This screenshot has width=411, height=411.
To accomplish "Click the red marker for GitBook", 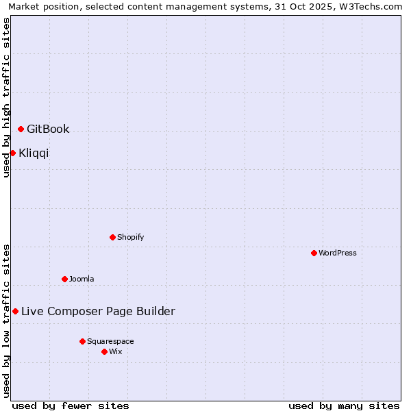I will pyautogui.click(x=21, y=129).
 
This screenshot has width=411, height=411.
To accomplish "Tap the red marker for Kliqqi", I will pyautogui.click(x=13, y=153).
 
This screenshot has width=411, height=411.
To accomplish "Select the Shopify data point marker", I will pyautogui.click(x=113, y=237).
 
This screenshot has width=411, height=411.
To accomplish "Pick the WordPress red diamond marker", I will pyautogui.click(x=314, y=253).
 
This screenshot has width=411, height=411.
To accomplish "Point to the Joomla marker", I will pyautogui.click(x=65, y=279).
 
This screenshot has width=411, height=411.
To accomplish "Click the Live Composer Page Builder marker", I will pyautogui.click(x=16, y=311).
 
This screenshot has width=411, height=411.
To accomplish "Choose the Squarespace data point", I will pyautogui.click(x=83, y=341).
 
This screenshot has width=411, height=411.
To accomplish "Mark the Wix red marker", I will pyautogui.click(x=105, y=351).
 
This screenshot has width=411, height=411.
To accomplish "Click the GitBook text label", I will pyautogui.click(x=48, y=129).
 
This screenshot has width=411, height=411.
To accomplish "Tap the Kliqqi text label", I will pyautogui.click(x=34, y=153).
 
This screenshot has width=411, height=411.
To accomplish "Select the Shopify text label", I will pyautogui.click(x=130, y=237).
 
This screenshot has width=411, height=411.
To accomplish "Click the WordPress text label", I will pyautogui.click(x=338, y=253).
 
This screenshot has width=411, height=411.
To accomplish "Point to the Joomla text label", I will pyautogui.click(x=82, y=279).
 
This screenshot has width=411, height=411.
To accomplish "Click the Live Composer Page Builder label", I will pyautogui.click(x=98, y=311).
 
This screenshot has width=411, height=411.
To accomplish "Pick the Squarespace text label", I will pyautogui.click(x=110, y=341).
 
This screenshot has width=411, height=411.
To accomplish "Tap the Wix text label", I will pyautogui.click(x=116, y=351).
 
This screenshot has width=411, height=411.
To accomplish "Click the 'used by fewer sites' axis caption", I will pyautogui.click(x=71, y=406).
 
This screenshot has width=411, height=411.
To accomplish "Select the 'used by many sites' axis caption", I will pyautogui.click(x=344, y=406).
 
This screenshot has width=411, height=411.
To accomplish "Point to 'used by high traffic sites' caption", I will pyautogui.click(x=7, y=97).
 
